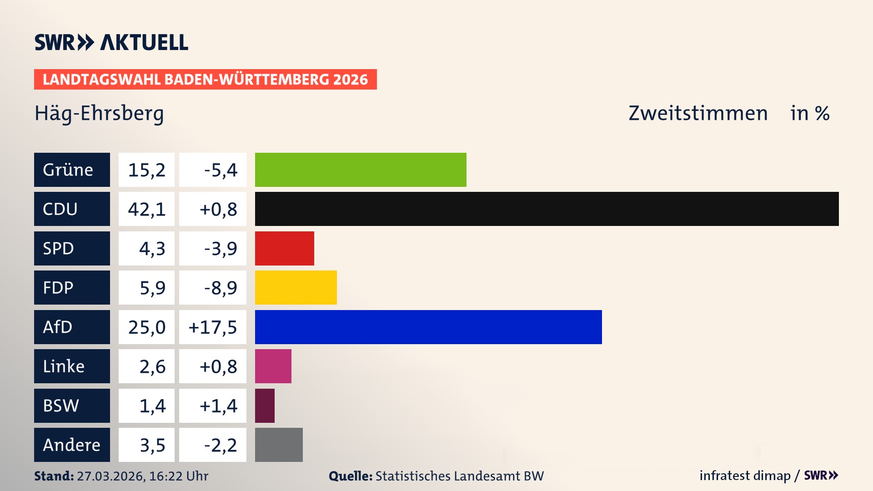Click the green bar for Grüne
pyautogui.click(x=361, y=170)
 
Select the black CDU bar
pyautogui.click(x=547, y=209)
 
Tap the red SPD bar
pyautogui.click(x=284, y=248)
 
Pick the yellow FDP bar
pyautogui.click(x=296, y=287)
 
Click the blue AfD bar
pyautogui.click(x=428, y=327)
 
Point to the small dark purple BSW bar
pyautogui.click(x=265, y=406)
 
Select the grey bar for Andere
pyautogui.click(x=279, y=445)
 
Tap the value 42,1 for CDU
pyautogui.click(x=146, y=209)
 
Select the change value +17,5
pyautogui.click(x=213, y=327)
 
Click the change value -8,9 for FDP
pyautogui.click(x=220, y=288)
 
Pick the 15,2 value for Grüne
pyautogui.click(x=146, y=170)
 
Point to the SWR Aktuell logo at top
pyautogui.click(x=111, y=42)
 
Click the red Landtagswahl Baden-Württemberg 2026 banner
pyautogui.click(x=205, y=79)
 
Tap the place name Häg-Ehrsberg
pyautogui.click(x=99, y=113)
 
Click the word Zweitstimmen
pyautogui.click(x=697, y=113)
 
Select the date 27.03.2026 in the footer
pyautogui.click(x=110, y=476)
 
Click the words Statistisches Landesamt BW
pyautogui.click(x=459, y=476)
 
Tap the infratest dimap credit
pyautogui.click(x=744, y=476)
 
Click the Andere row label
pyautogui.click(x=72, y=445)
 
